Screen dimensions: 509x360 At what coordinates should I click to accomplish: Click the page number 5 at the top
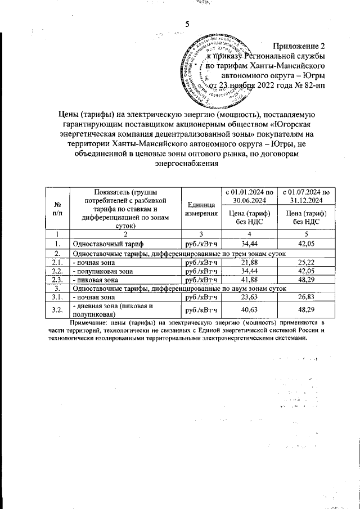tap(187, 24)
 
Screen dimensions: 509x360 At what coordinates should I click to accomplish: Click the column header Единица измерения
tap(201, 209)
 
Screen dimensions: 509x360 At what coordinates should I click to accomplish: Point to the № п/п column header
tap(57, 209)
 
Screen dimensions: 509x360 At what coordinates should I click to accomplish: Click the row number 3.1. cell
tap(57, 296)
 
